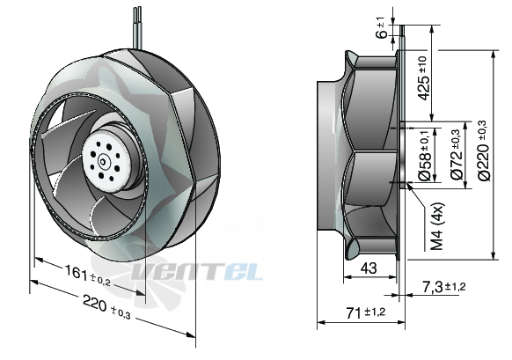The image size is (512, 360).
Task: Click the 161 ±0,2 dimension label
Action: click(x=87, y=276)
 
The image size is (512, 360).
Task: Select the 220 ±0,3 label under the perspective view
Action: click(x=106, y=307)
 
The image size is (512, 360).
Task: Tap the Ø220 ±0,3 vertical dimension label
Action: click(x=484, y=151)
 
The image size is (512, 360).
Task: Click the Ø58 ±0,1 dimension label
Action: click(x=426, y=156)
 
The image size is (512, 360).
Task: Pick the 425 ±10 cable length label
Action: click(x=425, y=77)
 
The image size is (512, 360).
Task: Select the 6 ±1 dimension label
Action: click(x=382, y=28)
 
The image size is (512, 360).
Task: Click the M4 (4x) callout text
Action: click(x=437, y=226)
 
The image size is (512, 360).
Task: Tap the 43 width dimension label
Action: click(x=369, y=268)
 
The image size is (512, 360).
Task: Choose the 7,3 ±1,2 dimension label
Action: click(x=444, y=287)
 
